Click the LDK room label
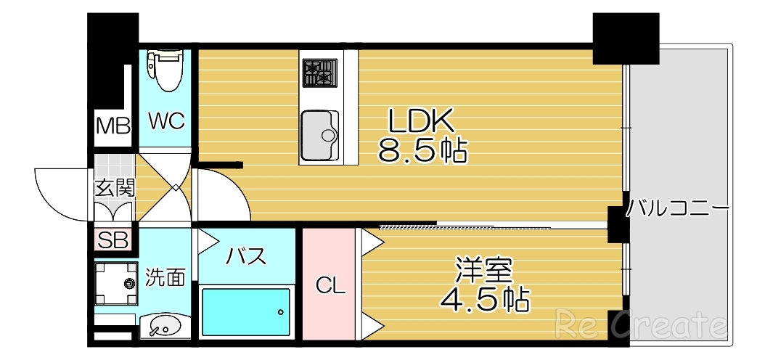point(421,120)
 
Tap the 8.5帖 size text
point(422,151)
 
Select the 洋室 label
point(484,271)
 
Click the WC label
point(167,120)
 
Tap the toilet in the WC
point(165,69)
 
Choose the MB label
point(113,126)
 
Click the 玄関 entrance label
point(115,188)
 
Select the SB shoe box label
point(113,240)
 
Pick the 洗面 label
point(165,278)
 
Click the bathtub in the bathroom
point(246,312)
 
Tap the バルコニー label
point(679,209)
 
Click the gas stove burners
point(319,73)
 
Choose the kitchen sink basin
point(319,135)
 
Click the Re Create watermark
point(641,324)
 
